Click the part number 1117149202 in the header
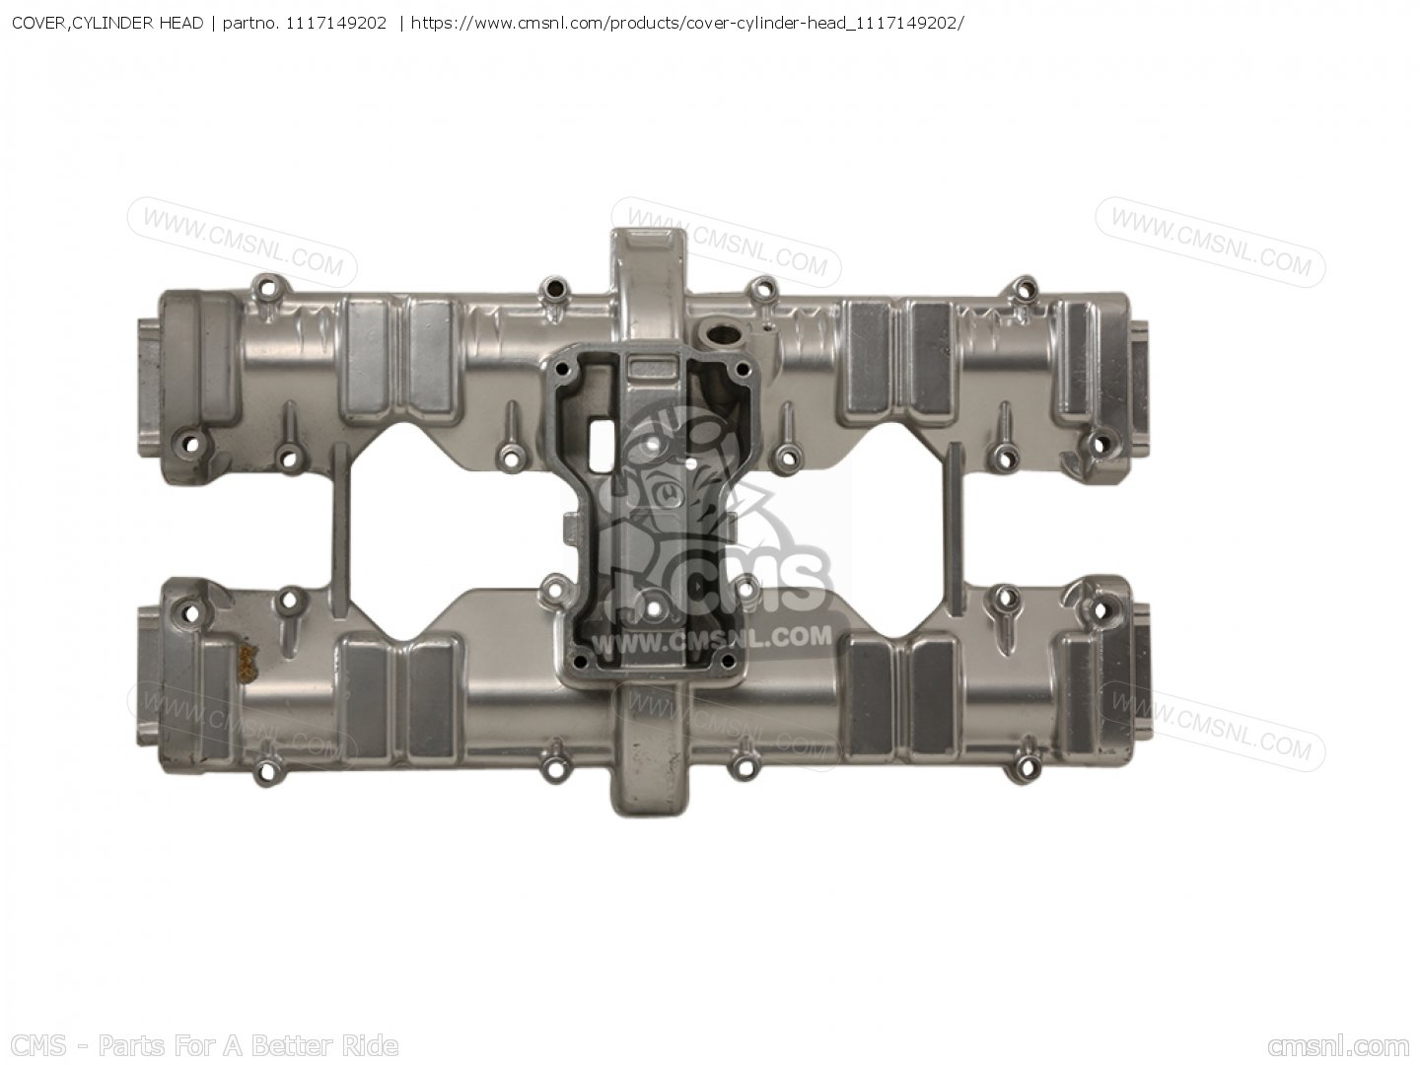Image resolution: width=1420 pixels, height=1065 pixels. tap(335, 24)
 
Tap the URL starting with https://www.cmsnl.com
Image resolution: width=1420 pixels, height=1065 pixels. tap(687, 24)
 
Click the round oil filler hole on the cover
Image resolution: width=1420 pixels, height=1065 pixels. tap(719, 334)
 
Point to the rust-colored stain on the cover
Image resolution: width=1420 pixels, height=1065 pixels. tap(248, 662)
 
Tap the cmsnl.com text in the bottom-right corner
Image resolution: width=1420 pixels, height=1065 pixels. tap(1338, 1046)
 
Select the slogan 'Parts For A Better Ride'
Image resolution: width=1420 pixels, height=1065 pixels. tap(248, 1045)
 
